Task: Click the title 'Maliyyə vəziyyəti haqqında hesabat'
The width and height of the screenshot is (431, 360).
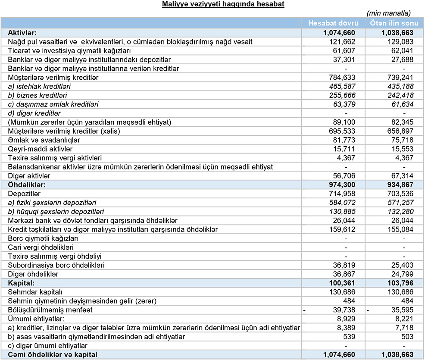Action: [x=223, y=5]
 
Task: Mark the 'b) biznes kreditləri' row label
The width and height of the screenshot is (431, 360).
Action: [x=37, y=95]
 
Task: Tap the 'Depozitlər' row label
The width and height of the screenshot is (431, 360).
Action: [x=24, y=194]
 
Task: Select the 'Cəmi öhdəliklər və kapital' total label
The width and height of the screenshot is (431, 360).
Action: [x=53, y=354]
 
